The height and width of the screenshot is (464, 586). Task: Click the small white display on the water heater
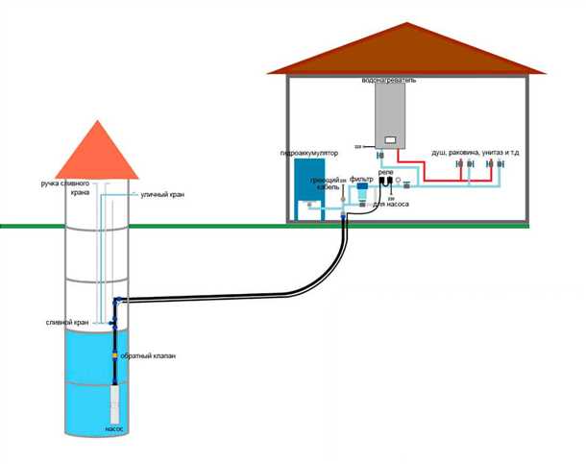coord(390,140)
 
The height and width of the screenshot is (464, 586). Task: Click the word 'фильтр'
coord(361,179)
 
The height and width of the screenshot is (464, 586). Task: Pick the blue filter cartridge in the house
coord(362,195)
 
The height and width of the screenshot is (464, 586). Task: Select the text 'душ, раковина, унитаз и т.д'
coord(477,151)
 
